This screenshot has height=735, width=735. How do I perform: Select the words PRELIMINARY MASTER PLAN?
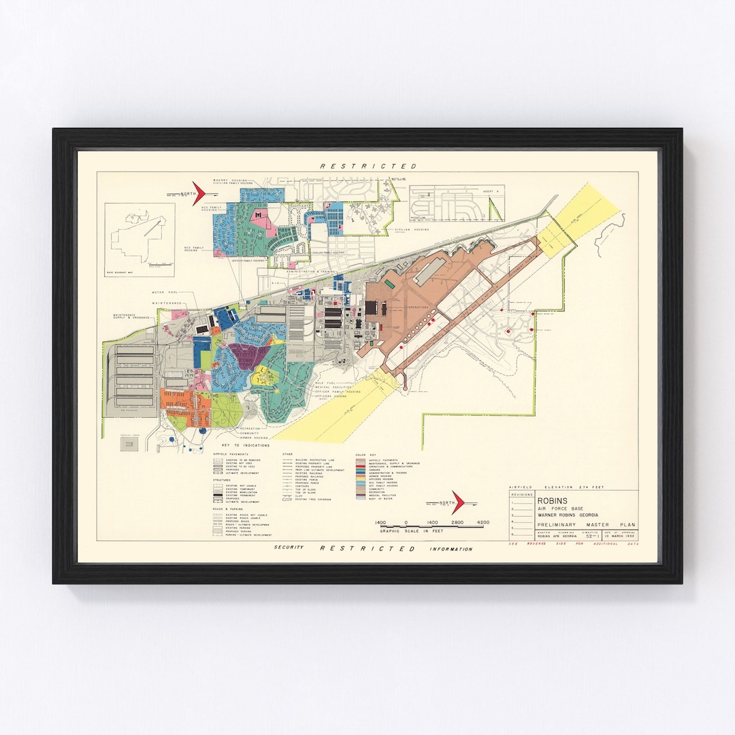[x=574, y=525]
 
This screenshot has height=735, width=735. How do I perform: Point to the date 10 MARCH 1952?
[x=621, y=538]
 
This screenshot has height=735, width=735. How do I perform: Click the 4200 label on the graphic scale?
[x=483, y=522]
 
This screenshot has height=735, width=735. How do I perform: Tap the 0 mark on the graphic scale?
[x=406, y=522]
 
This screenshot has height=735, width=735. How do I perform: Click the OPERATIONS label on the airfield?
[x=418, y=307]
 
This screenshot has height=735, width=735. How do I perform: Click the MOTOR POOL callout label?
[x=164, y=292]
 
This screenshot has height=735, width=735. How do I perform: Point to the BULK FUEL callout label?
[x=323, y=383]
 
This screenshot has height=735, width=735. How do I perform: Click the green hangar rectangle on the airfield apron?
[x=390, y=282]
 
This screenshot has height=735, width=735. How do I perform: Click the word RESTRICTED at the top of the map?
[x=368, y=166]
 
